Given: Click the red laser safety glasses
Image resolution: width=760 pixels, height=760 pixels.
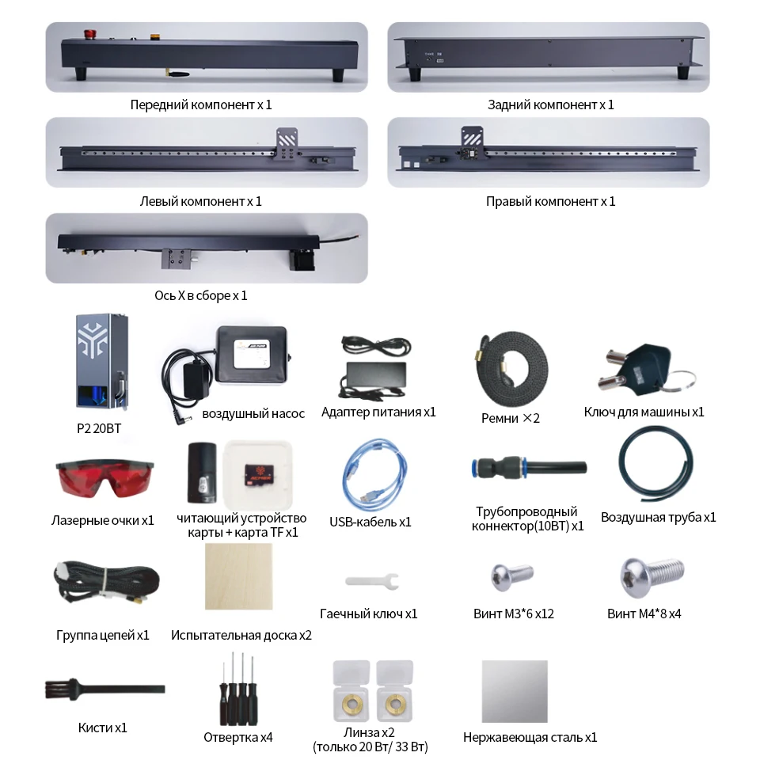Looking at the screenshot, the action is [102, 478].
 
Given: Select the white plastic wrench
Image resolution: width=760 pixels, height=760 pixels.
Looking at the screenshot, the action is [370, 581].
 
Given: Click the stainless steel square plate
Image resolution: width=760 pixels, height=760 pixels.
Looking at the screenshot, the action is [515, 690].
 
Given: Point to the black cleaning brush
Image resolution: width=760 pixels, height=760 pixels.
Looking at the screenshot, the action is [103, 688].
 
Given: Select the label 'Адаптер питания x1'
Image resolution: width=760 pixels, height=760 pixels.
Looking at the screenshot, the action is [378, 412].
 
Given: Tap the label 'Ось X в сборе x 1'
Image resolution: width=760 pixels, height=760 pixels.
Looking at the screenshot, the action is [201, 296].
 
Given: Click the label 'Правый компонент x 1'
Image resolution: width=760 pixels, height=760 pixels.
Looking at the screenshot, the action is [550, 201].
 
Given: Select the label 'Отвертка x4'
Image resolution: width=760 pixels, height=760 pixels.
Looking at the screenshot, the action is [237, 737].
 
